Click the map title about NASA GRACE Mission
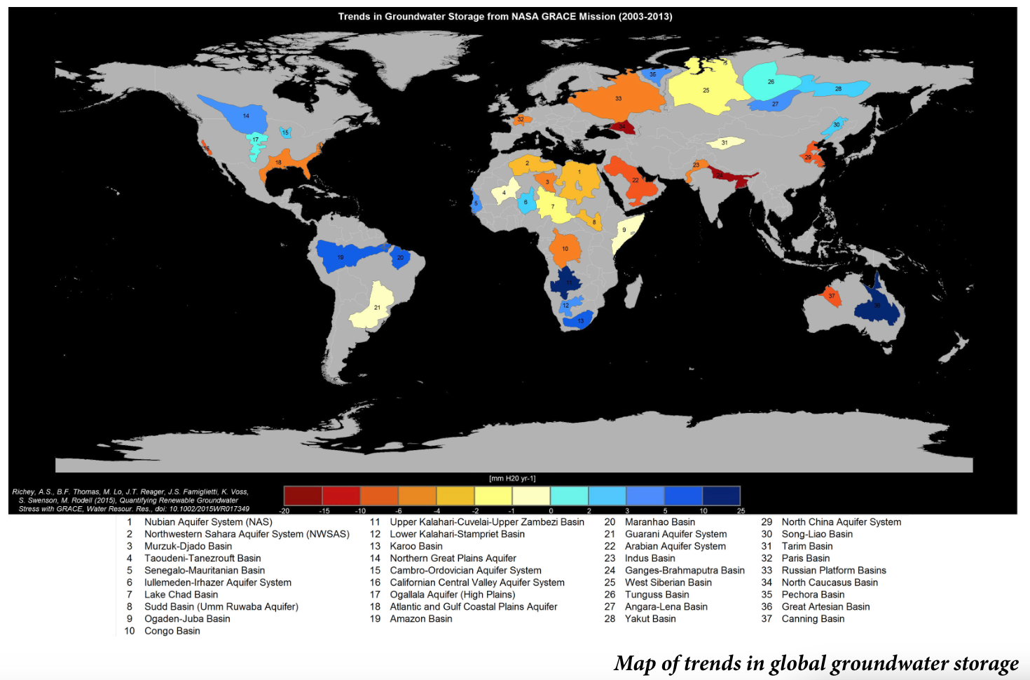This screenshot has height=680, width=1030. click(504, 16)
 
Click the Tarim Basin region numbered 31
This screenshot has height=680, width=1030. click(725, 143)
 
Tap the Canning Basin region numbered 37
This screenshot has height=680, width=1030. click(832, 296)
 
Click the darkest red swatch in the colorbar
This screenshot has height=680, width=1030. click(303, 496)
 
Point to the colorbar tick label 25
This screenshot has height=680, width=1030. click(741, 511)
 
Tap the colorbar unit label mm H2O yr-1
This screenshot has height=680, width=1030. click(511, 479)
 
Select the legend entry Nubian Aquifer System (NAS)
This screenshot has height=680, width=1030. click(208, 522)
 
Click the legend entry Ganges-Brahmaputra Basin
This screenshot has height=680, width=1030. click(684, 570)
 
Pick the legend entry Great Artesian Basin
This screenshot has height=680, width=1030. click(825, 606)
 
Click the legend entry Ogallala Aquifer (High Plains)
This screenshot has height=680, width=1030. click(452, 594)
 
